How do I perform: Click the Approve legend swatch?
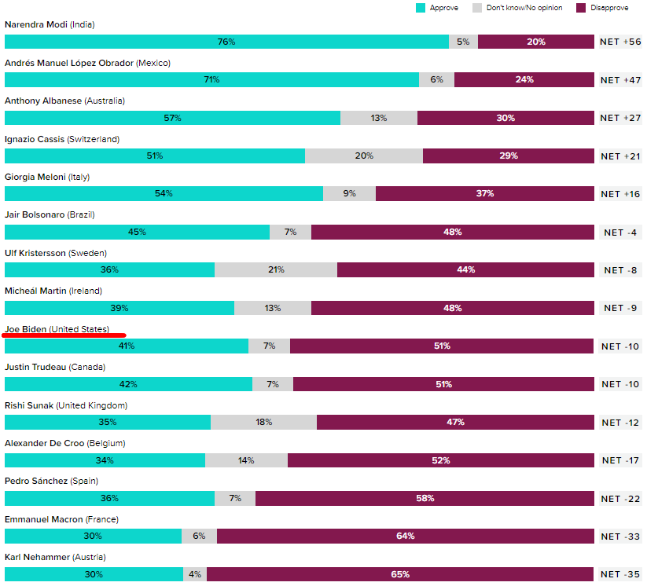(x=421, y=8)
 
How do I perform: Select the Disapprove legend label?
(x=609, y=8)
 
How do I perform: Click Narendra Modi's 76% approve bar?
(x=226, y=42)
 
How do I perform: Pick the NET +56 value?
(x=620, y=42)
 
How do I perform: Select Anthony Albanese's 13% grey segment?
(x=379, y=118)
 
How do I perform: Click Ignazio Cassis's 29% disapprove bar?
(x=508, y=156)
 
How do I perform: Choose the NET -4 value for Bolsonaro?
(x=620, y=232)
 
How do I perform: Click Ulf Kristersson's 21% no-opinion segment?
(x=276, y=269)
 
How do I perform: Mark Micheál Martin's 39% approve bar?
(x=119, y=308)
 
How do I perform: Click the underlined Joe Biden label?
(x=57, y=329)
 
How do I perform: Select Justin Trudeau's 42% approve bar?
(x=128, y=384)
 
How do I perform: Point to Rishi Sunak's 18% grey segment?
(x=263, y=422)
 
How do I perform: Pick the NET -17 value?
(x=620, y=460)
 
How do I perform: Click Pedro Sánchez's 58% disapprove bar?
(x=425, y=498)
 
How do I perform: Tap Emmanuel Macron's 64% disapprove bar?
(x=405, y=536)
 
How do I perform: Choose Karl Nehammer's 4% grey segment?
(x=195, y=574)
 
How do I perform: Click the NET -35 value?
(x=620, y=574)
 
